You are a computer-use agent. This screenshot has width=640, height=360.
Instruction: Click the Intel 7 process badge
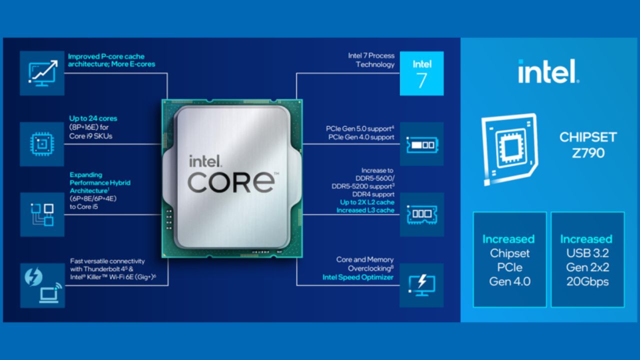coord(421,73)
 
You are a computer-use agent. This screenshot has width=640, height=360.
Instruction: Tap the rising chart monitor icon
coord(42,73)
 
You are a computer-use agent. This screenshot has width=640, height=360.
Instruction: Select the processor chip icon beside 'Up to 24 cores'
coord(42,144)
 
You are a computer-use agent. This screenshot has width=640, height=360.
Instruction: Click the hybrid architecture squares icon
coord(42,214)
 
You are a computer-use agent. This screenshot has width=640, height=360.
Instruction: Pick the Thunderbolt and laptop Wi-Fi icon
coord(42,285)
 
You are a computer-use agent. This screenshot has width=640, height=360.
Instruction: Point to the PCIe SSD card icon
coord(421,144)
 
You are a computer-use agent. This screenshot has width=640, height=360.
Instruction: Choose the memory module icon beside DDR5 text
coord(421,214)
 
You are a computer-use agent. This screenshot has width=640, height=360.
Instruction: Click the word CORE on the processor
coord(231,182)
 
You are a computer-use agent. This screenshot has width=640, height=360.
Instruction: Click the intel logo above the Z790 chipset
coord(548,71)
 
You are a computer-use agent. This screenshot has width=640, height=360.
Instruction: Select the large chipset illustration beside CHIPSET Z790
coord(509,149)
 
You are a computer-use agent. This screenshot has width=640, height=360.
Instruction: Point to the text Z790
coord(588,152)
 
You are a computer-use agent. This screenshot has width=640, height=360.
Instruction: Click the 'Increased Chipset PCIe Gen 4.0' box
coord(509,259)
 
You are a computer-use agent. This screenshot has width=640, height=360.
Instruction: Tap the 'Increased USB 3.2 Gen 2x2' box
coord(587,259)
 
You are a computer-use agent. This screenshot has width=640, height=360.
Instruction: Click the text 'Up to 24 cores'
coord(93,118)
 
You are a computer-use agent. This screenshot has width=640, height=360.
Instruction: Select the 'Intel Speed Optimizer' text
coord(357,277)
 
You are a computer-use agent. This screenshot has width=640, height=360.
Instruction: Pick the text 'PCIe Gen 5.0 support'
coord(360,128)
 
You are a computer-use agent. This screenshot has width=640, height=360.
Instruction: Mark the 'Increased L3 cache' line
coord(365,210)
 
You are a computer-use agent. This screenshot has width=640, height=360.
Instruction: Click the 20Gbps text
coord(587,281)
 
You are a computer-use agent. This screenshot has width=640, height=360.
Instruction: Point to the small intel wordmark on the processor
coord(204,161)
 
